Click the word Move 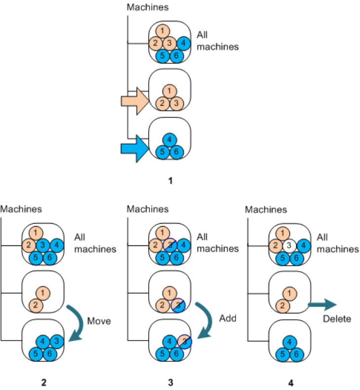click(99, 321)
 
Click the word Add click(227, 318)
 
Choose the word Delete click(337, 319)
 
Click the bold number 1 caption click(170, 181)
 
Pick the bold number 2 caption click(44, 382)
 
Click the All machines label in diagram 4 click(337, 243)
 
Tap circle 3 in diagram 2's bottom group click(57, 341)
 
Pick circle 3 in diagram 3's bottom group click(184, 341)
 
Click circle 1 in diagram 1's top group click(165, 30)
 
